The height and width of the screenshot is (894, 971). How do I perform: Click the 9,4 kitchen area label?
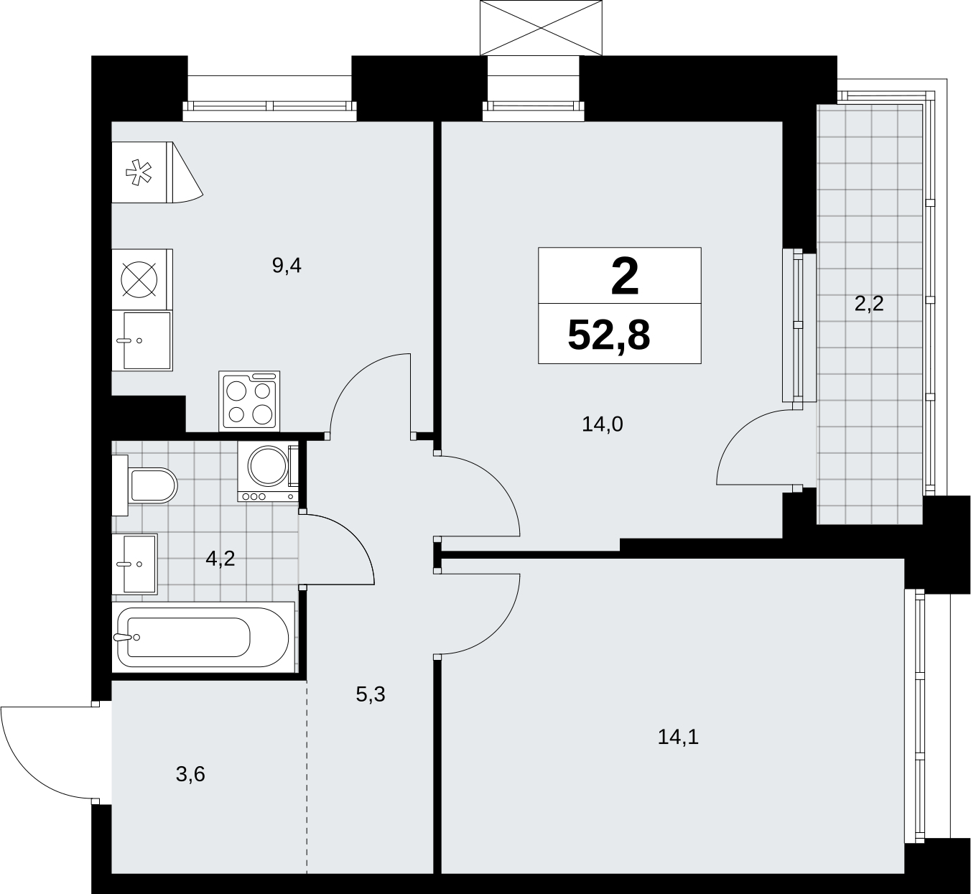tap(287, 266)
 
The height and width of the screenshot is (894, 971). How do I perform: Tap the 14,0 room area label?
tap(602, 424)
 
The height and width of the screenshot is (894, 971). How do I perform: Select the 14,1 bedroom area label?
tap(678, 737)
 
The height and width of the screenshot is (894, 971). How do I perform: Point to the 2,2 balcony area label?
tap(869, 304)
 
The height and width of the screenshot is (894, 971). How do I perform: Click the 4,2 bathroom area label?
tap(220, 559)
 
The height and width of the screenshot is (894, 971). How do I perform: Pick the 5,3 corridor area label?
tap(371, 694)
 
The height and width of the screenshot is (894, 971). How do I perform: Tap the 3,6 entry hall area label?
tap(190, 775)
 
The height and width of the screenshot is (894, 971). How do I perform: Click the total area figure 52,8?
tap(608, 335)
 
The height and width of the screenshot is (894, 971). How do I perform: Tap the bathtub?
tap(203, 637)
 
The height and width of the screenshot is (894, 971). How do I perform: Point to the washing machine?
tap(268, 472)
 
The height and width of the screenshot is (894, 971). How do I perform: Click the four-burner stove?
tap(249, 401)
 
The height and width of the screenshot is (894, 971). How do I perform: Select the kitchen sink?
tap(142, 341)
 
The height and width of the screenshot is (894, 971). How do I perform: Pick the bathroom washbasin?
tap(134, 564)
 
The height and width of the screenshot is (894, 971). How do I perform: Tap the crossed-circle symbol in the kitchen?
tap(139, 279)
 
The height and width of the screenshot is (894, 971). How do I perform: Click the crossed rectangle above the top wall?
tap(542, 27)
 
